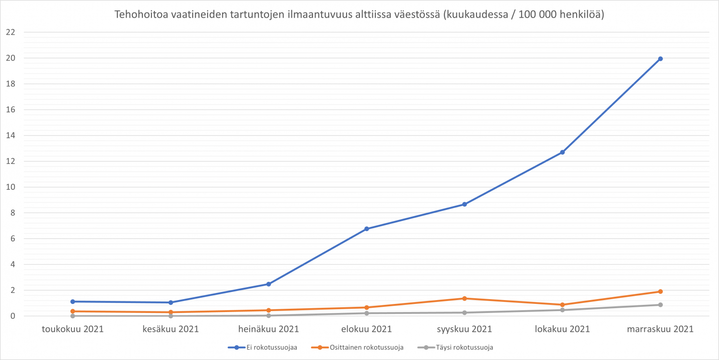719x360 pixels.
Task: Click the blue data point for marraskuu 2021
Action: pyautogui.click(x=660, y=59)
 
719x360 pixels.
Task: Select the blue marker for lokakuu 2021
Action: pyautogui.click(x=562, y=152)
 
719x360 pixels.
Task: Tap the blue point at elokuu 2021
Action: pyautogui.click(x=367, y=229)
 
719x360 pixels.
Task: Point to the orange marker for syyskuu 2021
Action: pyautogui.click(x=464, y=299)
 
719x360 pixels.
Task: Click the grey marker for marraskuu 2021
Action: pyautogui.click(x=660, y=305)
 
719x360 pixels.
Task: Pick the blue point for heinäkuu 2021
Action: pyautogui.click(x=268, y=284)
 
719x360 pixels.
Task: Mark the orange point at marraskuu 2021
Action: pyautogui.click(x=660, y=291)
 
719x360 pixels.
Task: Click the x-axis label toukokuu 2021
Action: pyautogui.click(x=73, y=329)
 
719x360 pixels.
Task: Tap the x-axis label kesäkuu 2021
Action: pyautogui.click(x=171, y=329)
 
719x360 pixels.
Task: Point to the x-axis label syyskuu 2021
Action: pyautogui.click(x=464, y=329)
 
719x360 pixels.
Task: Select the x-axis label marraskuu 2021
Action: pyautogui.click(x=660, y=329)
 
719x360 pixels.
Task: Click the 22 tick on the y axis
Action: pyautogui.click(x=11, y=33)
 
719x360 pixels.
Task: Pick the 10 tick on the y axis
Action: pyautogui.click(x=11, y=187)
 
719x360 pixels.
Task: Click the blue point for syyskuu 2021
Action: pyautogui.click(x=464, y=204)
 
